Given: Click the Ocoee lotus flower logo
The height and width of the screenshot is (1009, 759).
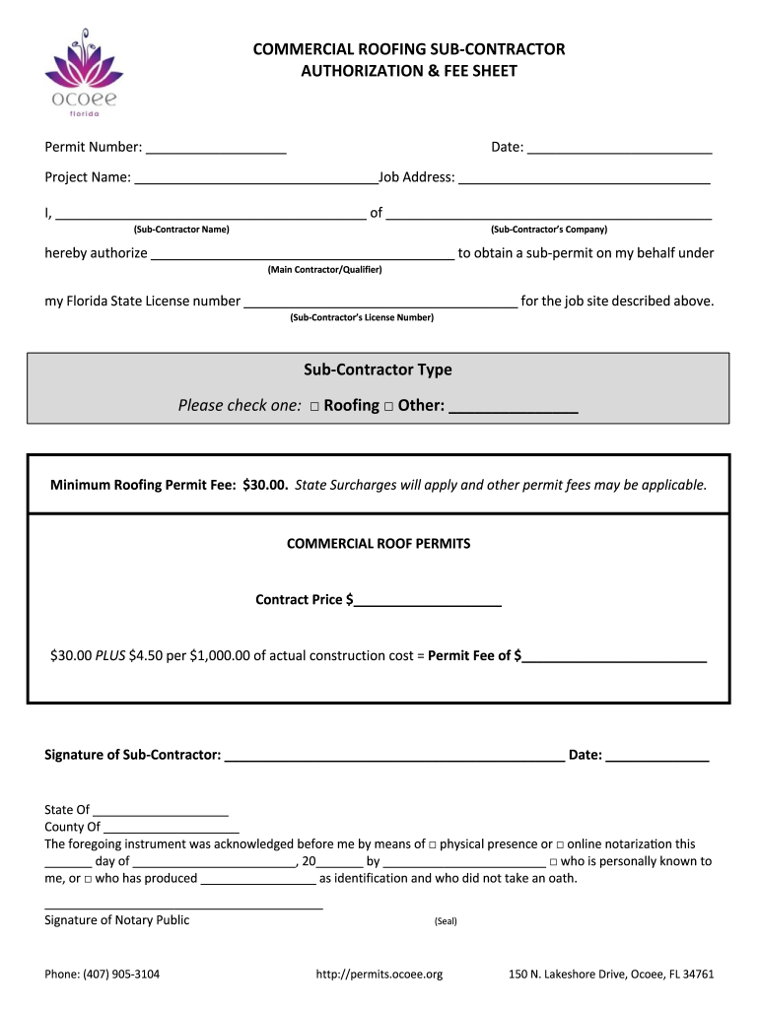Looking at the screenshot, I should (86, 69).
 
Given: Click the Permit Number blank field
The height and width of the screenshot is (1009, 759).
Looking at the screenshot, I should (216, 148).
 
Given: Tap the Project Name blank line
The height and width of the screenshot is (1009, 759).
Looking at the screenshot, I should (256, 178).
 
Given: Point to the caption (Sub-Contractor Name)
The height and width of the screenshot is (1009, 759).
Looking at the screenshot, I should (181, 230).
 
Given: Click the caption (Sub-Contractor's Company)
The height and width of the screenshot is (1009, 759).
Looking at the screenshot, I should (549, 230).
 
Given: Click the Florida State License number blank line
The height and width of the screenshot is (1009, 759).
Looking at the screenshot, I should (380, 303).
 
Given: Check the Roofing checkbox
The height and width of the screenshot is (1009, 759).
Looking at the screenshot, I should (313, 406).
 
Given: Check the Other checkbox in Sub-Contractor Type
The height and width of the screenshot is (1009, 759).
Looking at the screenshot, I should (388, 406).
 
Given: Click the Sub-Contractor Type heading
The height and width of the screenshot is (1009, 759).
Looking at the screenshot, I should (378, 370).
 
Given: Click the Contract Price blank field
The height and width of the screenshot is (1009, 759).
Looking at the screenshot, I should (429, 600).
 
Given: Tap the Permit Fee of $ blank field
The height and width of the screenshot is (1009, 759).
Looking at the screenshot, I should (615, 656).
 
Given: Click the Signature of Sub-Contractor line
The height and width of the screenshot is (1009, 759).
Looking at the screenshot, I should (394, 756).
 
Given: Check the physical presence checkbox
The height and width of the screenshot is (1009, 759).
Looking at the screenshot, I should (433, 845).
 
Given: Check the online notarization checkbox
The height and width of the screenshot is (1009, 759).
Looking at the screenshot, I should (560, 845).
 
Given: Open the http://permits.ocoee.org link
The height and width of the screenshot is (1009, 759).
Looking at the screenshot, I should (379, 975).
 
